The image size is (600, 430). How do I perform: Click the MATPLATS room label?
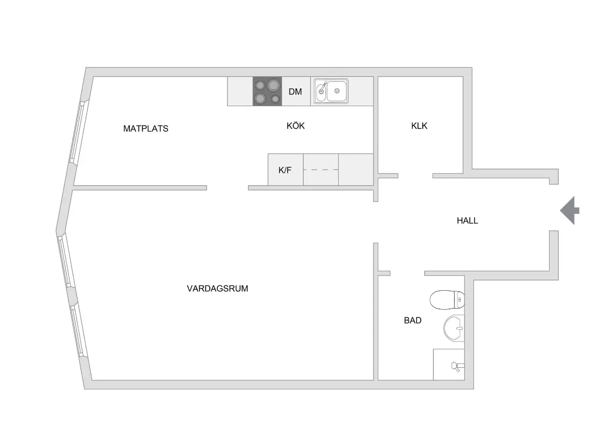[145, 129]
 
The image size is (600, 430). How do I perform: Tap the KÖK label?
[295, 126]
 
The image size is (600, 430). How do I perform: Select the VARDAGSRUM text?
[217, 289]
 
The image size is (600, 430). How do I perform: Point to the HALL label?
[467, 220]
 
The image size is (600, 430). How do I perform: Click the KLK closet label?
[419, 126]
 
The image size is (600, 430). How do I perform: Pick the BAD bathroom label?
[412, 320]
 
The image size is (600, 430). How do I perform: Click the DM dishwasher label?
[295, 92]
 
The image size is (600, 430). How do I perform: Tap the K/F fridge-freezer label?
[285, 170]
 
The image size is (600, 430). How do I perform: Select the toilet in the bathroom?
[447, 299]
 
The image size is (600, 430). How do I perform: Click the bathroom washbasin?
[454, 328]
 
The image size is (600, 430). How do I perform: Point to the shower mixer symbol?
[457, 366]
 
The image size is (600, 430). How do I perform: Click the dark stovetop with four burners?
[267, 92]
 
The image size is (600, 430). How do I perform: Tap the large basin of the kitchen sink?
[337, 91]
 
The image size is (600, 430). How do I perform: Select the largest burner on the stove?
[273, 85]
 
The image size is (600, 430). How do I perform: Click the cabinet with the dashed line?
[321, 170]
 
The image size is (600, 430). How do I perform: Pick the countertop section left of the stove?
[240, 92]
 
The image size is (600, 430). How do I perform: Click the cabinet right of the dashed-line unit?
[356, 170]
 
